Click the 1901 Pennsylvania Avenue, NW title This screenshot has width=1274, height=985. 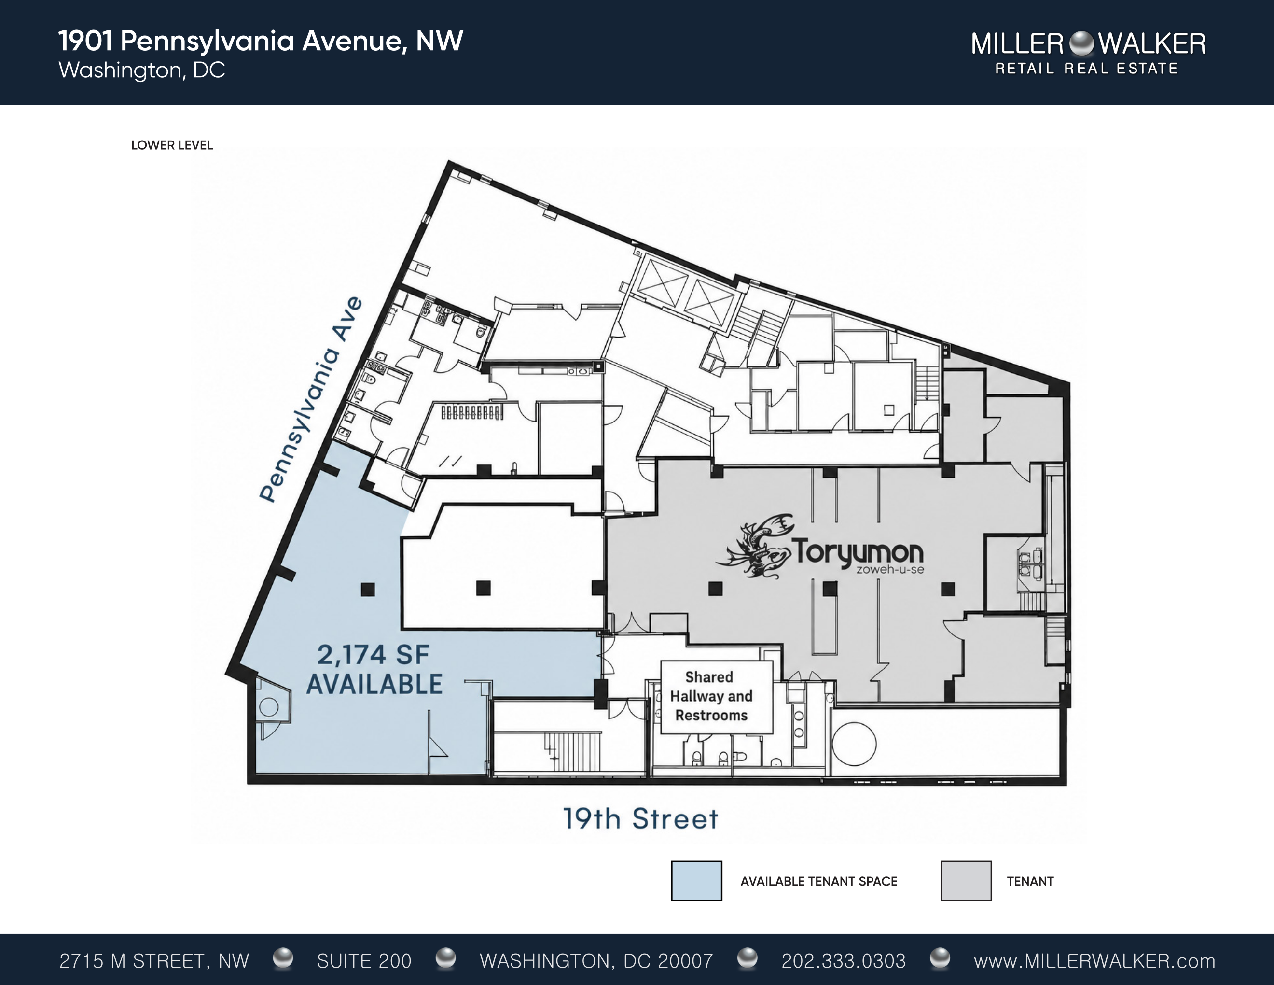pos(261,41)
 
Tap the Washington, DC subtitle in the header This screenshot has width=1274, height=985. pos(142,70)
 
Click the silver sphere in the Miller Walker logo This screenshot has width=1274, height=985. pos(1081,43)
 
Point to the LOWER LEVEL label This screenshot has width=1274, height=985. pos(172,145)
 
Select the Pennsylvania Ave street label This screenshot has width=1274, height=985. pos(311,399)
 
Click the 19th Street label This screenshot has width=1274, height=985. pos(640,819)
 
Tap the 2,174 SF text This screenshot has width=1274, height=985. pos(374,655)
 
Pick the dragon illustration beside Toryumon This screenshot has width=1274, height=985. pos(755,546)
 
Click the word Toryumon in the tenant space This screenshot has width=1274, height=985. pos(858,551)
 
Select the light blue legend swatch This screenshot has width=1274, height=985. pos(696,881)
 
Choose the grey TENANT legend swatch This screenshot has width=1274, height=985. pos(966,881)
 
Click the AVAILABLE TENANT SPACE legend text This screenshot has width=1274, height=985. pos(819,881)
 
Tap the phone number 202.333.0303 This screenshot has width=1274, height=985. pos(844,961)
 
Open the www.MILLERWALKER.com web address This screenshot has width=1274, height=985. pos(1094,961)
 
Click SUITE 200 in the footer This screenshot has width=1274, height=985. pos(364,961)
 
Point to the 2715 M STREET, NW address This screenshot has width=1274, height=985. pos(154,961)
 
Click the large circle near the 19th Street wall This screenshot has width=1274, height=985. pos(854,744)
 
